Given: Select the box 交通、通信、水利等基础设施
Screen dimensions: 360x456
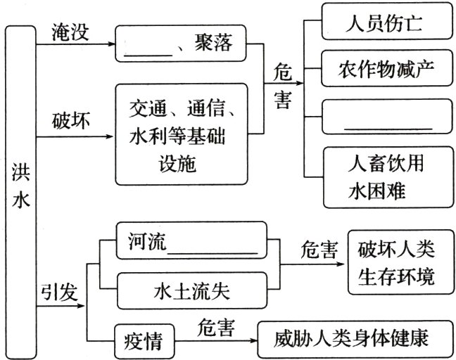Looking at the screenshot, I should click(182, 134).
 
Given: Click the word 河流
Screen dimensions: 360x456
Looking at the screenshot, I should click(144, 240).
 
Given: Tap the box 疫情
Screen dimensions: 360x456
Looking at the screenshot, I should click(139, 341).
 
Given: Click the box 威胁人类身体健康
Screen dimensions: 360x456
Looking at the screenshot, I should click(353, 340).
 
